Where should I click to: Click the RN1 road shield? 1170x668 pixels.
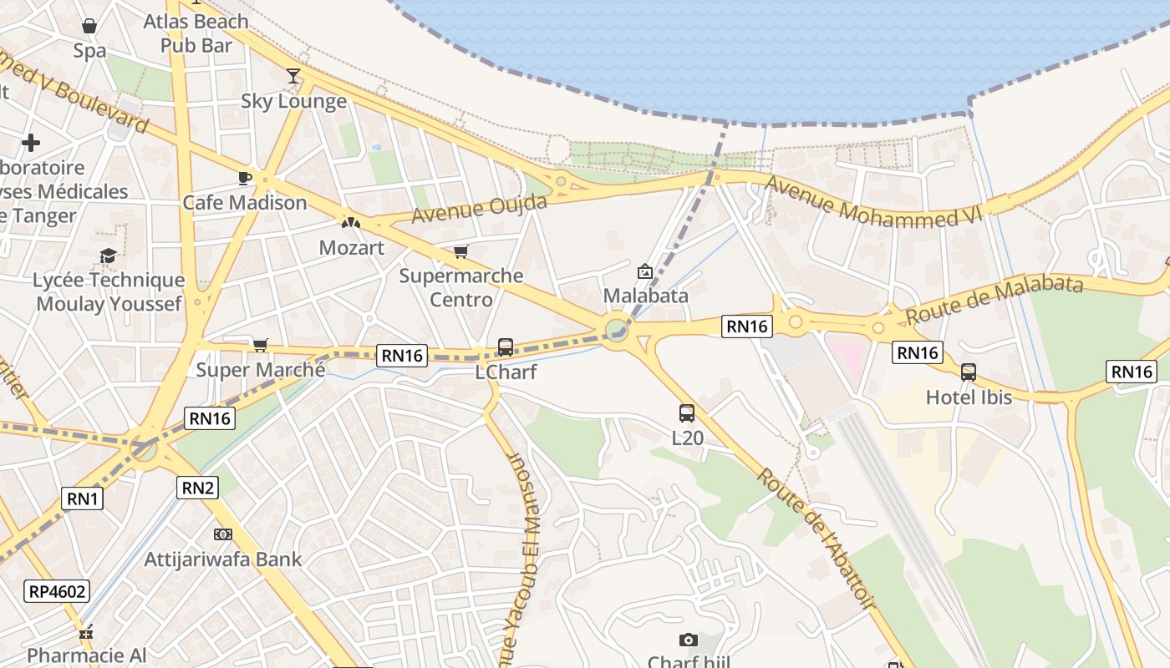[83, 499]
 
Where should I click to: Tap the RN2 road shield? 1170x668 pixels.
[197, 488]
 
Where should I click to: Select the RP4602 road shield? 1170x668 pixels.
[57, 592]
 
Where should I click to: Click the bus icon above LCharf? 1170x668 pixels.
[506, 347]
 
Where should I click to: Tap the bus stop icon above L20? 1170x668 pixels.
[687, 412]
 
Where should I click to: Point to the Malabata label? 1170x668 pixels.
[645, 296]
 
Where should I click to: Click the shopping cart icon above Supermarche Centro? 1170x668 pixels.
[460, 252]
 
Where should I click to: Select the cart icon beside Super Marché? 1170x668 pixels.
[261, 345]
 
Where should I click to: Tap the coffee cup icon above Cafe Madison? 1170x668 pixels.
[245, 178]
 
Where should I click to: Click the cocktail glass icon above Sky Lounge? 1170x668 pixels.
[292, 77]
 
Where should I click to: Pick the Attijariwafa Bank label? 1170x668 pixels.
[223, 559]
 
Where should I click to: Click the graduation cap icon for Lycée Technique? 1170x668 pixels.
[108, 256]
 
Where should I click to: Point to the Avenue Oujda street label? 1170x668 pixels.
[480, 209]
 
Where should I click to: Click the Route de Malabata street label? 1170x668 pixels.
[994, 299]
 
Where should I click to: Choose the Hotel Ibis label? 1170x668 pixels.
[969, 397]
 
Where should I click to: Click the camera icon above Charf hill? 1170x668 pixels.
[688, 640]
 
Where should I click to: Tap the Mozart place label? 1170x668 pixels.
[352, 248]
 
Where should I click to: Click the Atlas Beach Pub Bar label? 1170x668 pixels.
[196, 33]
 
